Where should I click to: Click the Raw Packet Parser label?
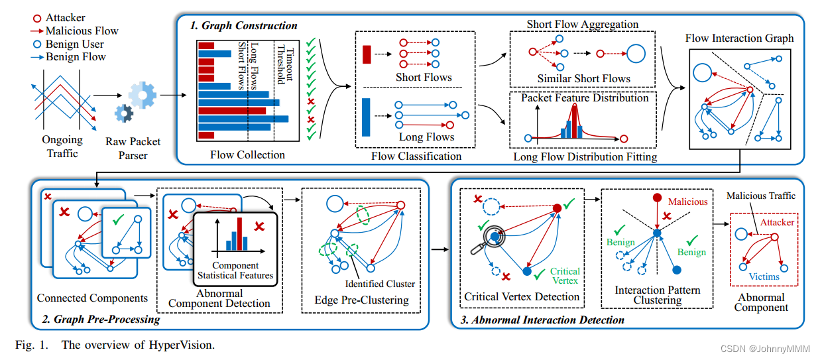[x=134, y=149]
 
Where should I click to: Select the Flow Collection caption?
[x=247, y=155]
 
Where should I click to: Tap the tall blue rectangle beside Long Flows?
[x=366, y=116]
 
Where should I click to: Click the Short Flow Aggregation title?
[x=583, y=24]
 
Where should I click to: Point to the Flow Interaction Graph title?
[x=739, y=38]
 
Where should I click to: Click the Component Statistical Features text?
[x=235, y=270]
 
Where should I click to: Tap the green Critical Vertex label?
[x=565, y=276]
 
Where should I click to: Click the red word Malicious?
[x=687, y=202]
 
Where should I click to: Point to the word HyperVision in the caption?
[x=183, y=345]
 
